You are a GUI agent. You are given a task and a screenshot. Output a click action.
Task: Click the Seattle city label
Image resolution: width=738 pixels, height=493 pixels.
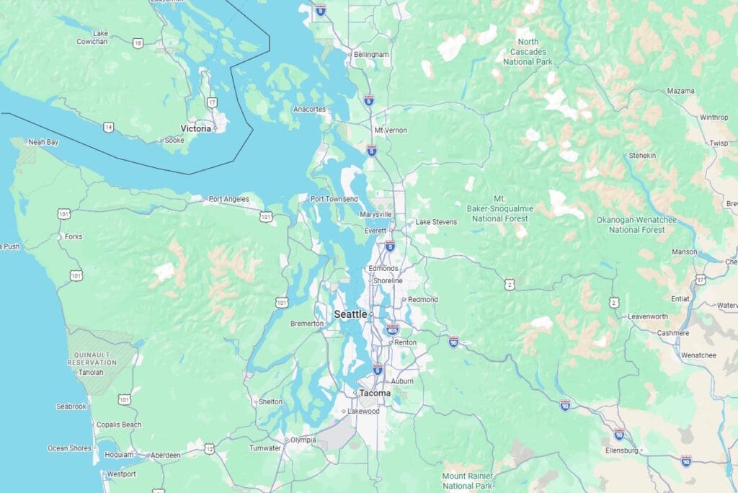pyautogui.click(x=350, y=314)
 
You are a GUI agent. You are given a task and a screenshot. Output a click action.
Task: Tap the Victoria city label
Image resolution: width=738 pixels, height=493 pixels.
pyautogui.click(x=196, y=128)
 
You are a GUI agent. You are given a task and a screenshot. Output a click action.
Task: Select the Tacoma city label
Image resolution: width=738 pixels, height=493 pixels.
pyautogui.click(x=375, y=394)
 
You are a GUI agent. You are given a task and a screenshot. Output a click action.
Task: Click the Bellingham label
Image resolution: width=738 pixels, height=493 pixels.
pyautogui.click(x=371, y=54)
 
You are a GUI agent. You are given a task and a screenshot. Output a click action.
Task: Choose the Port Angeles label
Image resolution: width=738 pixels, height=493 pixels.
pyautogui.click(x=228, y=199)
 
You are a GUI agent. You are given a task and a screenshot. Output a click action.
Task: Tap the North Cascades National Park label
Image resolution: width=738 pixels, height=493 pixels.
pyautogui.click(x=528, y=52)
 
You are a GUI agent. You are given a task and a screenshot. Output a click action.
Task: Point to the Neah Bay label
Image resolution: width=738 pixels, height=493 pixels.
pyautogui.click(x=43, y=142)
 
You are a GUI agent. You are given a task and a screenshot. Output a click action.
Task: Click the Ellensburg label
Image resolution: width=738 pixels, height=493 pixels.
pyautogui.click(x=623, y=450)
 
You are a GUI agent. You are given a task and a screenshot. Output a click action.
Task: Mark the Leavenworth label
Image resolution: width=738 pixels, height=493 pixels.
pyautogui.click(x=648, y=316)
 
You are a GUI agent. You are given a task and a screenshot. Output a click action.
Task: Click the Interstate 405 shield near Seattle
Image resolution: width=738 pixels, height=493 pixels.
pyautogui.click(x=392, y=330)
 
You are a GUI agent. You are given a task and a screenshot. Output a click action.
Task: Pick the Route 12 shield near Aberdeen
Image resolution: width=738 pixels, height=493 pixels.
pyautogui.click(x=209, y=449)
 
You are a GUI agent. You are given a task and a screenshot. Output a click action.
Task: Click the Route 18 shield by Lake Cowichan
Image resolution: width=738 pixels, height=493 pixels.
pyautogui.click(x=138, y=43)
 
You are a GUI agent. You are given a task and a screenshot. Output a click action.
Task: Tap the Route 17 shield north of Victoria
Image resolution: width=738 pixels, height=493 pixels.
pyautogui.click(x=211, y=103)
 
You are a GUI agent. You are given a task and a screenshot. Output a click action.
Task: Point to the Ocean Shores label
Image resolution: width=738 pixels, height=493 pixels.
pyautogui.click(x=69, y=448)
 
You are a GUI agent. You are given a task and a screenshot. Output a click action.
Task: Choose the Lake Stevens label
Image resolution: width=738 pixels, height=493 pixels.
pyautogui.click(x=436, y=222)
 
